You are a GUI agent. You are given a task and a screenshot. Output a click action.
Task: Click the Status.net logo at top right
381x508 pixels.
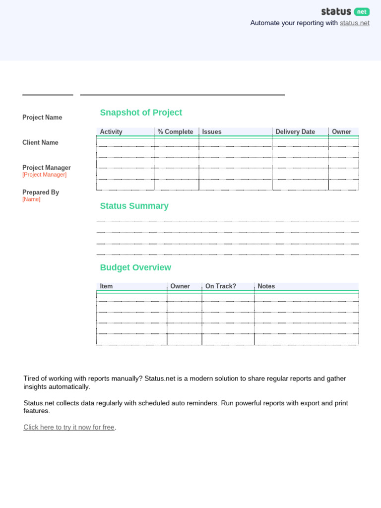click(x=345, y=11)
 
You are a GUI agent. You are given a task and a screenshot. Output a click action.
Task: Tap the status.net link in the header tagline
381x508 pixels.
click(x=354, y=23)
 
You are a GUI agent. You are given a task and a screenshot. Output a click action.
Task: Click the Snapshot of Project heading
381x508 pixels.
click(x=141, y=113)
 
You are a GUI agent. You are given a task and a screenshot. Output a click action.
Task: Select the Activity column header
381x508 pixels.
click(x=111, y=132)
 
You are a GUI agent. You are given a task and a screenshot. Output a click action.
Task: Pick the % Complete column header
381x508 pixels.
click(x=175, y=132)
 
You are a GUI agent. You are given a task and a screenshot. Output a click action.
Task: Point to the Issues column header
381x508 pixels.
click(x=212, y=132)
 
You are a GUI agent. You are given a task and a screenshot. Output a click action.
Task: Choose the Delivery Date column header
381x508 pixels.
click(x=295, y=132)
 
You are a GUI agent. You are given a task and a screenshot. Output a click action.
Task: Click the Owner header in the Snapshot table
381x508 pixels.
click(x=341, y=132)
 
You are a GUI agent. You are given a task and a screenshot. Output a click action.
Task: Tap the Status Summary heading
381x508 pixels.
click(x=134, y=206)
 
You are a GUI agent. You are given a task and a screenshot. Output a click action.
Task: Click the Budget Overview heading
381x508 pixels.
click(x=135, y=267)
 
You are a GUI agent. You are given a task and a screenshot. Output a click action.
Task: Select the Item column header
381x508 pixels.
click(x=106, y=286)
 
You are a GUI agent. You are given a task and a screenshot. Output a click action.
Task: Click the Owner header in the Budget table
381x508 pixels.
click(x=180, y=286)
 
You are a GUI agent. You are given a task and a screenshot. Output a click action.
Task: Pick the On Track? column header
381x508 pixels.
click(x=221, y=286)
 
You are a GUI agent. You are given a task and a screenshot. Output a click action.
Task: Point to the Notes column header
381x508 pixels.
click(x=266, y=286)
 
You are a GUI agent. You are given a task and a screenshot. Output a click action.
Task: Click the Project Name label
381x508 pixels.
click(x=42, y=118)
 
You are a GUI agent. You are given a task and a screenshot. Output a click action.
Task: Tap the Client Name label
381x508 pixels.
click(x=40, y=142)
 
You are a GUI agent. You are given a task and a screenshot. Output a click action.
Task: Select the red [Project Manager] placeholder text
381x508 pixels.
click(x=44, y=175)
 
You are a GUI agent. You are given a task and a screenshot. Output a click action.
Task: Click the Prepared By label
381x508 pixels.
click(x=41, y=192)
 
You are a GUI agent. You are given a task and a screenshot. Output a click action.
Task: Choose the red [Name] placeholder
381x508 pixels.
click(x=31, y=199)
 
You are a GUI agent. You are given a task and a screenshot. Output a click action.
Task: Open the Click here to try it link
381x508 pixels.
click(x=69, y=427)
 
